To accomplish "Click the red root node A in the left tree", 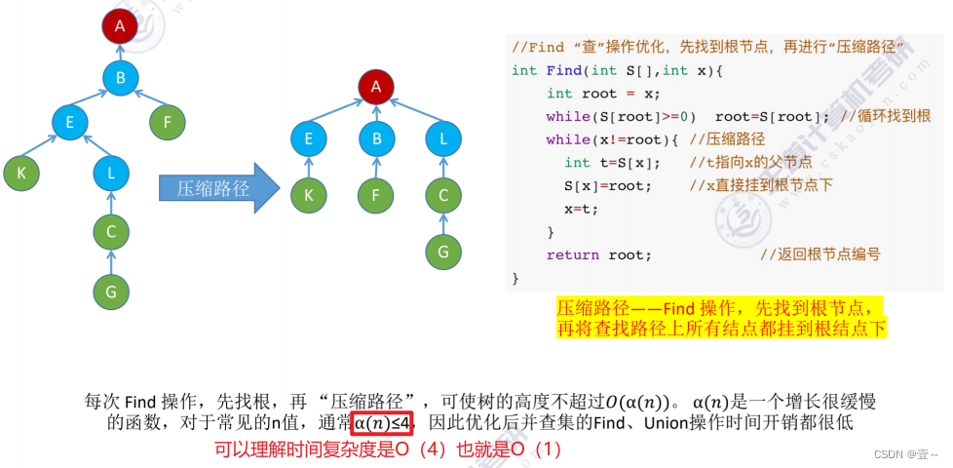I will [x=120, y=26].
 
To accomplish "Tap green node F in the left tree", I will [x=168, y=123].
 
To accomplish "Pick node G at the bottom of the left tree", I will [x=111, y=290].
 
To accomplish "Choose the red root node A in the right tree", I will [x=375, y=87].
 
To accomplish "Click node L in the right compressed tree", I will [x=443, y=138].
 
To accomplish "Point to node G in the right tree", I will [x=443, y=252].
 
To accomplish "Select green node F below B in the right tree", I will [x=376, y=195].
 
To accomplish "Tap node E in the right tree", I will [x=309, y=138].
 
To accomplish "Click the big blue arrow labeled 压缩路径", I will [x=212, y=188].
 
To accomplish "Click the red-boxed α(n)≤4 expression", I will [x=383, y=422].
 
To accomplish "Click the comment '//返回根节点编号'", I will [x=820, y=254].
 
